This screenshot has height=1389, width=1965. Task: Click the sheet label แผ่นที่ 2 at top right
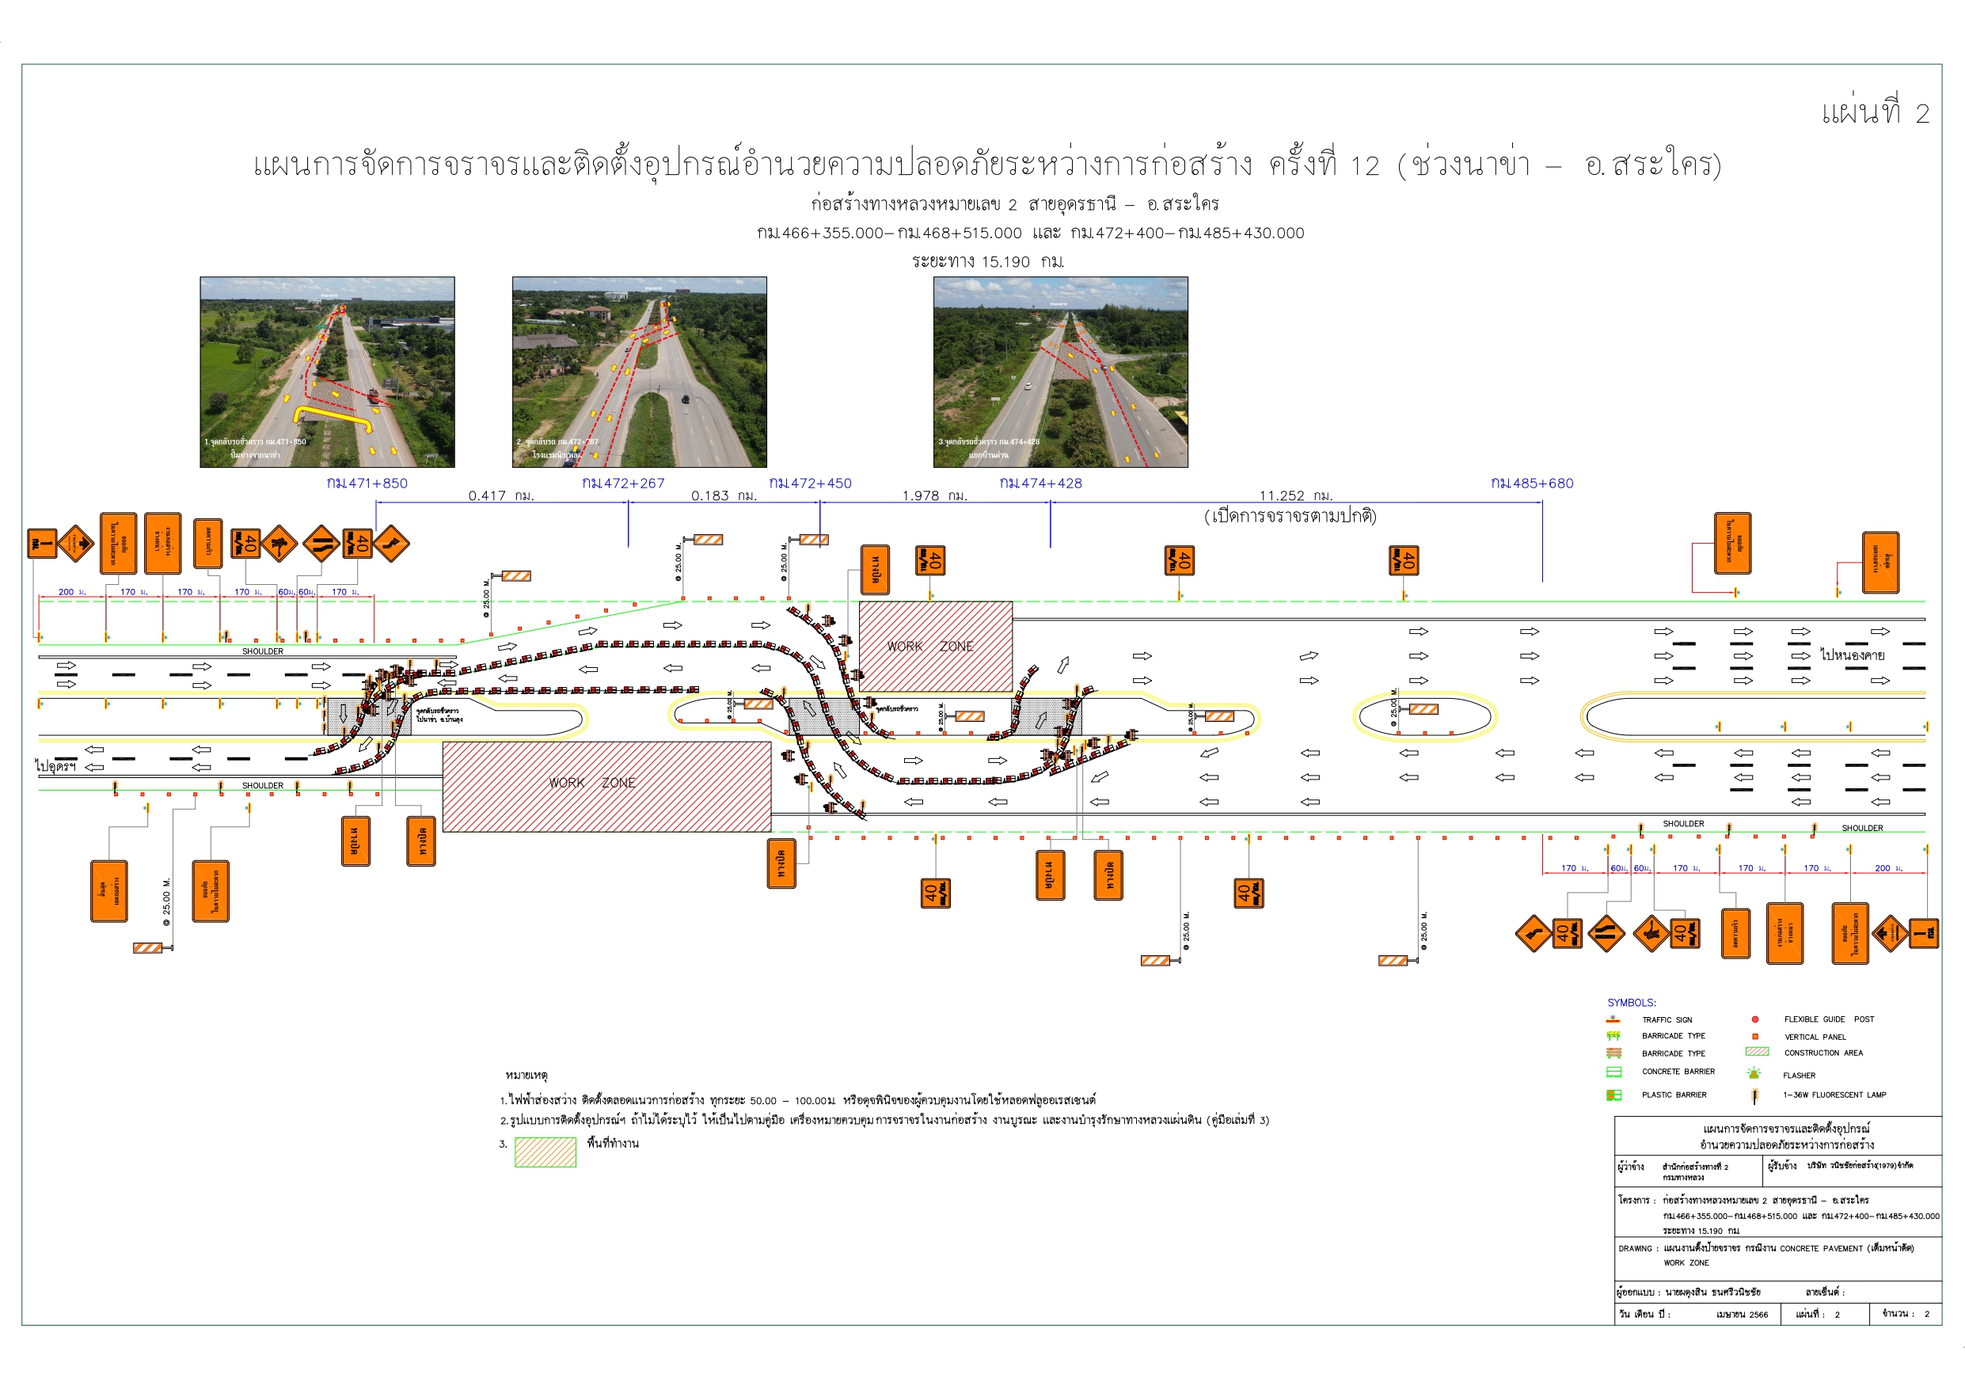pos(1874,113)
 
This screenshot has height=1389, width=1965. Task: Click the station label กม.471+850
pos(367,484)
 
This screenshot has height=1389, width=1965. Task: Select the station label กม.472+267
pos(623,484)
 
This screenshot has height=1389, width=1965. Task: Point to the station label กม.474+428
pos(1041,484)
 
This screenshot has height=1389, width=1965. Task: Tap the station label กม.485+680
pos(1532,484)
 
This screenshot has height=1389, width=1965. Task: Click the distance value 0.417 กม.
pos(500,496)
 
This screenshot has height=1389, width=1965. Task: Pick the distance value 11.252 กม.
pos(1296,496)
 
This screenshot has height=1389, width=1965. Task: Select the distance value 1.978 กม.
pos(934,496)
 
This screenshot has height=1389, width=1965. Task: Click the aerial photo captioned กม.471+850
pos(327,371)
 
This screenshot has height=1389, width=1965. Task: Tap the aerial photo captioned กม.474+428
pos(1060,371)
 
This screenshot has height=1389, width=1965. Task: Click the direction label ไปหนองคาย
pos(1852,655)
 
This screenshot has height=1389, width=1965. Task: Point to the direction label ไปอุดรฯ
pos(55,766)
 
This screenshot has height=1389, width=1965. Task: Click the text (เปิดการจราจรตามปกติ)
pos(1290,516)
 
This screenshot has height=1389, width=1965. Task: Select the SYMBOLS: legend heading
pos(1631,1003)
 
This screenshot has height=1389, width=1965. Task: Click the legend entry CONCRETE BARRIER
pos(1678,1072)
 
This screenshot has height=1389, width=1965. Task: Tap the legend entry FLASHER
pos(1799,1076)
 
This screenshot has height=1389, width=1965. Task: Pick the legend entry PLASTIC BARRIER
pos(1674,1095)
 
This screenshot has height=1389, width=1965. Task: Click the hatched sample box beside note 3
pos(545,1152)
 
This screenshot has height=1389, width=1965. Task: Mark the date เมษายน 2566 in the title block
pos(1742,1315)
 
